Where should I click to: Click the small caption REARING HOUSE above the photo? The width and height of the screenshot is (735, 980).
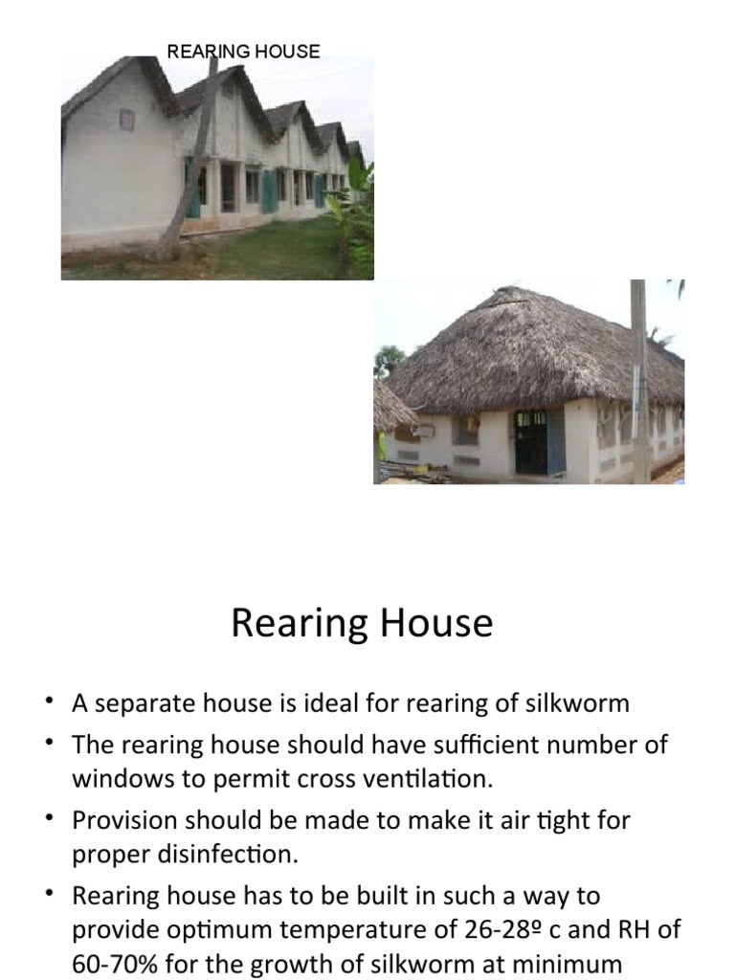[x=243, y=52]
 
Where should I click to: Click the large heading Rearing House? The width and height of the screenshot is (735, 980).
[x=362, y=624]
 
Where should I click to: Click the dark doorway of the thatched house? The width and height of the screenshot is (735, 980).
[x=531, y=442]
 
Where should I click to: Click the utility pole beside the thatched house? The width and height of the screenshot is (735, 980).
[x=639, y=383]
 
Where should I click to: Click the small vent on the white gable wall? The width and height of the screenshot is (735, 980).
[x=126, y=120]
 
